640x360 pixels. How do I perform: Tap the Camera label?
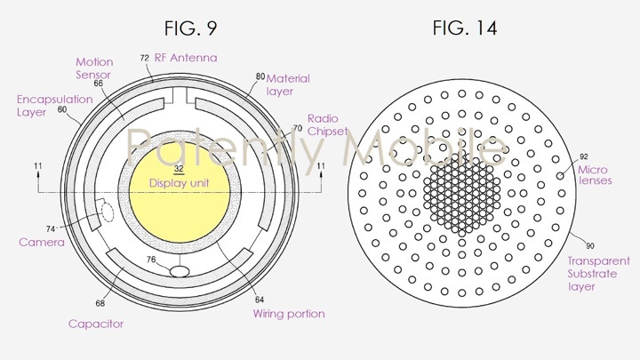point(41,242)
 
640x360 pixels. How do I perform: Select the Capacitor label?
point(96,324)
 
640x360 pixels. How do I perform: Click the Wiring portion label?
point(288,313)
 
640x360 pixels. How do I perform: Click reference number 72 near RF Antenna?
point(144,57)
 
